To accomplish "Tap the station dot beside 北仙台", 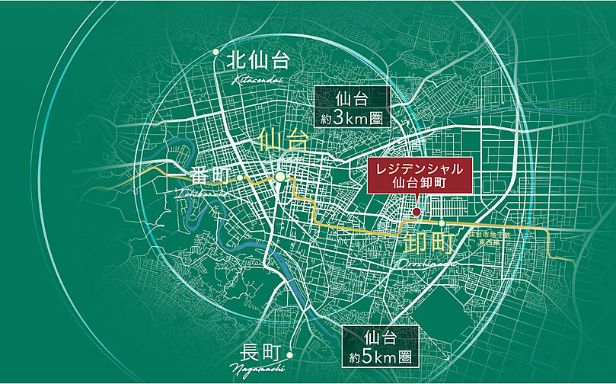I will coord(216,53).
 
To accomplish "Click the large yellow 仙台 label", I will coord(283,140).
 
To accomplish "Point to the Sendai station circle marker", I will coord(280,177).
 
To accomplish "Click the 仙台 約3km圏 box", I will coord(352,107).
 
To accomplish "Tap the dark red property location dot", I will coord(417,211).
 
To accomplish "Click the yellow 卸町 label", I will coord(429,243).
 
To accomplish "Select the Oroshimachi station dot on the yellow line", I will coord(442,223).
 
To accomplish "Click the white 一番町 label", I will coord(203,177).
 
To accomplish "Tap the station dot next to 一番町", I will coord(240,178).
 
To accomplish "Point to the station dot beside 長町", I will coord(290,354).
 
